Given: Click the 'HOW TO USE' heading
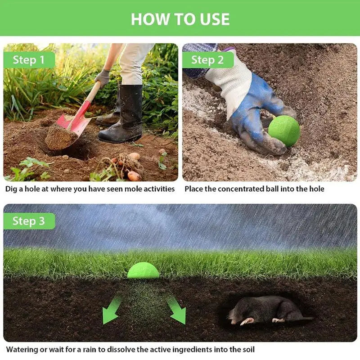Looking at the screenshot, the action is pos(180,19).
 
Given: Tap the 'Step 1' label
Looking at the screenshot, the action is pos(29,60).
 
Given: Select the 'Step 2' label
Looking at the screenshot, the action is pos(207,60).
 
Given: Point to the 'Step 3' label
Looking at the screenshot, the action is pos(29,221).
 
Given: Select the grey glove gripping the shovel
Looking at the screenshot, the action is pos(103,77).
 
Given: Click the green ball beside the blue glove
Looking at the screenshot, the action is pos(284,131).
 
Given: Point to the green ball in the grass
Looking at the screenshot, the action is pos(143,270).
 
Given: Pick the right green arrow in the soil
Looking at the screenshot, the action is pos(177,310).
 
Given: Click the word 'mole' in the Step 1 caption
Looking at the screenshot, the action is pos(133,189).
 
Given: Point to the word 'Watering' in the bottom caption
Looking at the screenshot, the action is pos(22,350).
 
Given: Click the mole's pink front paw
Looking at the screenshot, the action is pos(247,321).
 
